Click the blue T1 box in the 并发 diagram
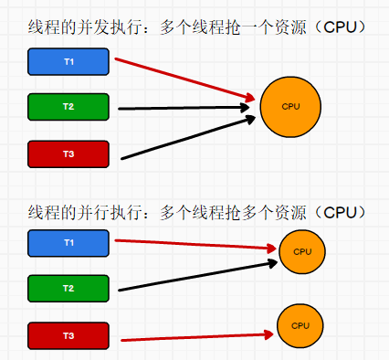(x=68, y=62)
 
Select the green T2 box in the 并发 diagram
(x=68, y=107)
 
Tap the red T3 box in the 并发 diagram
(x=68, y=154)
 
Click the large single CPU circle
(x=291, y=107)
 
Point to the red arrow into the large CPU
(x=183, y=79)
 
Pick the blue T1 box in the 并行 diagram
(x=68, y=243)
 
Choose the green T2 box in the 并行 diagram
(x=68, y=288)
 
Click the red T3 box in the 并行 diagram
(x=68, y=335)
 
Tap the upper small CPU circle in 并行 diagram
(x=302, y=251)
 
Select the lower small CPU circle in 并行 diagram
(x=300, y=325)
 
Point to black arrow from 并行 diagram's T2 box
(x=196, y=277)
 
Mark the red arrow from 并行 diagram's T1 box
(x=196, y=245)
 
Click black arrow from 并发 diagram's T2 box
(x=183, y=108)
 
